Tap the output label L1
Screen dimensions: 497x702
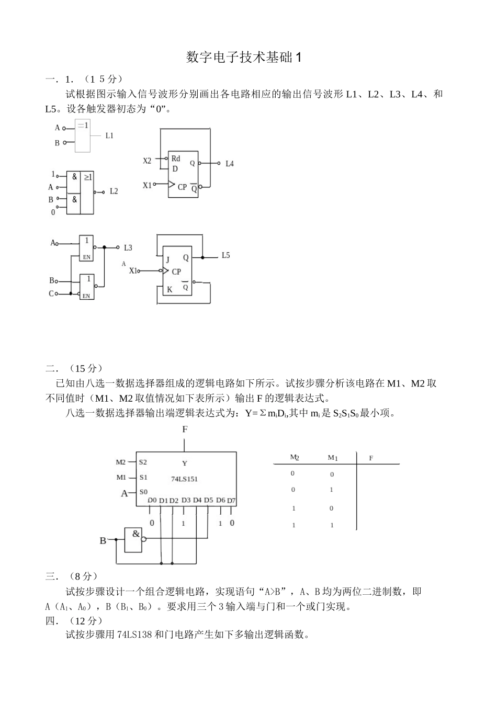coord(109,135)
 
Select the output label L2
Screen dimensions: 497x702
coord(114,191)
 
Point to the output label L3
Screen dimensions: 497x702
coord(128,247)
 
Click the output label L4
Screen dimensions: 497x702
coord(230,164)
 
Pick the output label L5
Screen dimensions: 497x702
coord(225,255)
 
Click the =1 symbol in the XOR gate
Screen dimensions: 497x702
coord(83,126)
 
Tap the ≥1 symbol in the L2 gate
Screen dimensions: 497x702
coord(88,177)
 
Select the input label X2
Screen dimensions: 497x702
coord(147,161)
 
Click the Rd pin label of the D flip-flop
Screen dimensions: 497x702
coord(176,158)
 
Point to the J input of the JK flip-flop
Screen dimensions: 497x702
coord(168,259)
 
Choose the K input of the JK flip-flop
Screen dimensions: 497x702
coord(169,289)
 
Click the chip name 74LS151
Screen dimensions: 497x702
coord(184,479)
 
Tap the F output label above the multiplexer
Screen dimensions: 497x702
coord(185,429)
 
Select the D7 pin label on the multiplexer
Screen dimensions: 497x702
coord(232,501)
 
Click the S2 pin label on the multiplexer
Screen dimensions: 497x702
coord(143,462)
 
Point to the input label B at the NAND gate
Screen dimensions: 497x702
coord(103,540)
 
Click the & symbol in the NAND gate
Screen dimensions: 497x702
coord(136,534)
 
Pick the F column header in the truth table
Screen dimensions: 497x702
coord(371,458)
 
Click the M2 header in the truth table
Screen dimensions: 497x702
coord(295,457)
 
